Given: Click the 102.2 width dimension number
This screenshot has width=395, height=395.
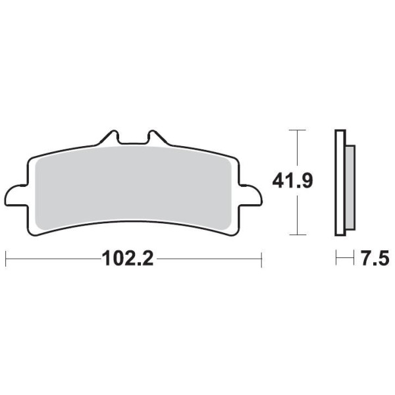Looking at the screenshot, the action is pyautogui.click(x=128, y=259).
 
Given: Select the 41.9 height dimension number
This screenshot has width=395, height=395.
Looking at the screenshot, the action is pyautogui.click(x=292, y=180).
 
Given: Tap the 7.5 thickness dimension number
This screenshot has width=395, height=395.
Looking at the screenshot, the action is pyautogui.click(x=375, y=258).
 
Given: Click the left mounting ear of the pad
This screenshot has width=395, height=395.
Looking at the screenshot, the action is pyautogui.click(x=16, y=196).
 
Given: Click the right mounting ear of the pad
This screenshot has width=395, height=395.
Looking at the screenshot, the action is pyautogui.click(x=251, y=196).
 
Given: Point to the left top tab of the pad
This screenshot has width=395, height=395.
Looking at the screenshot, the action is pyautogui.click(x=109, y=138).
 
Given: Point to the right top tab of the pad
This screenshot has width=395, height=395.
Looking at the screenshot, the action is pyautogui.click(x=157, y=138).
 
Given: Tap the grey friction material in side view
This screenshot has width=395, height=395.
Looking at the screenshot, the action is pyautogui.click(x=350, y=188).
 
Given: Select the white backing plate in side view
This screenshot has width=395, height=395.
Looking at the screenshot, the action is pyautogui.click(x=340, y=183).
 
